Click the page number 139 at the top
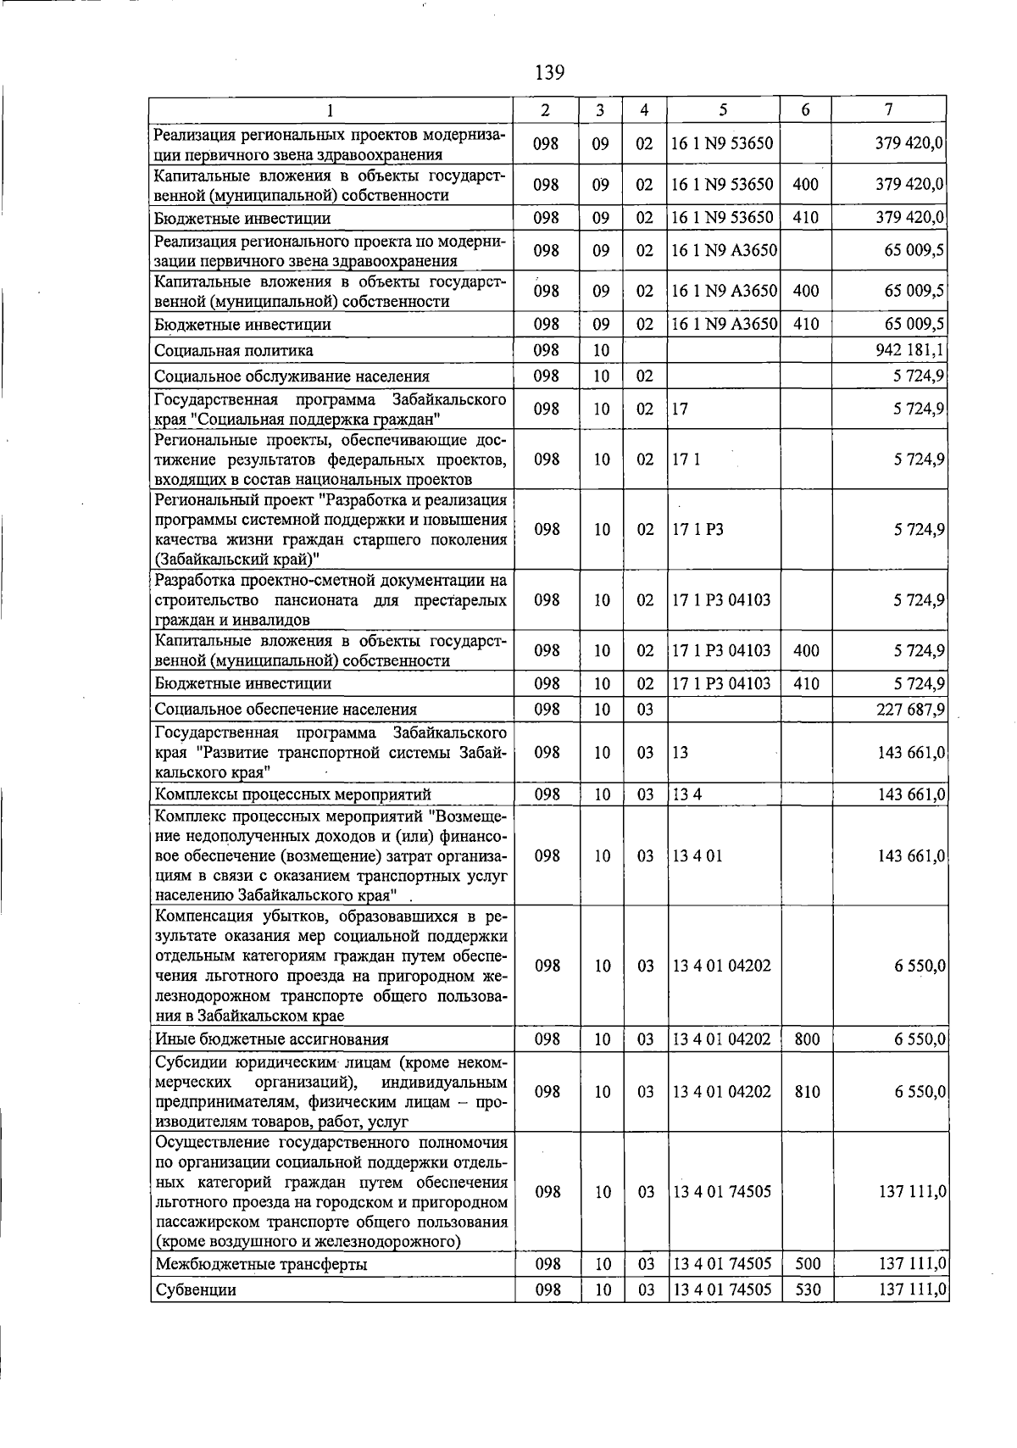click(549, 72)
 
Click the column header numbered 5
click(722, 110)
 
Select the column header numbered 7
click(887, 110)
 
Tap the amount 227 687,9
click(910, 710)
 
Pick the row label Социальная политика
click(234, 350)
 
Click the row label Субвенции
click(196, 1290)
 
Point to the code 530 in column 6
click(807, 1290)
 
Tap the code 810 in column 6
click(807, 1092)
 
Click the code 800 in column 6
click(807, 1039)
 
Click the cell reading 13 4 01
click(697, 856)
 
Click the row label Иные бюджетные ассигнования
click(272, 1039)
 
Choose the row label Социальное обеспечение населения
click(286, 710)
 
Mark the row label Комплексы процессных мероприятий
click(293, 794)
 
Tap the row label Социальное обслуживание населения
click(292, 376)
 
